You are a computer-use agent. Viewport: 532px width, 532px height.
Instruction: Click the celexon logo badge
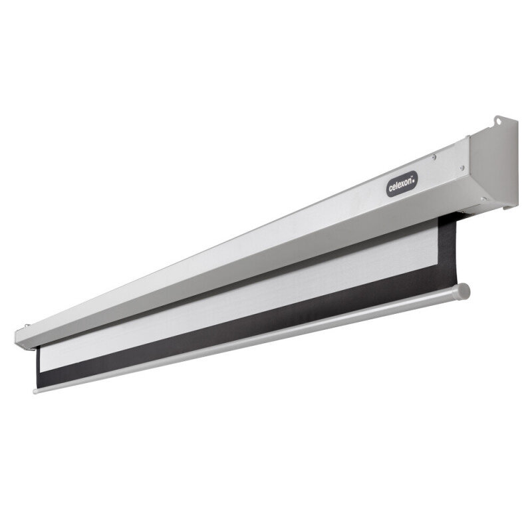(402, 184)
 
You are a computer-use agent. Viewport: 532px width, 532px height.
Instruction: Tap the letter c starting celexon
(391, 188)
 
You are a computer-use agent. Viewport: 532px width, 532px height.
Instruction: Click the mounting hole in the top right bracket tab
(498, 120)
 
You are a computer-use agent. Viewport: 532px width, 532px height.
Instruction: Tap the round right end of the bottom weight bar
(464, 291)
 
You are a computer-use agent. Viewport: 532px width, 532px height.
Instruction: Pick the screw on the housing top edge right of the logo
(434, 157)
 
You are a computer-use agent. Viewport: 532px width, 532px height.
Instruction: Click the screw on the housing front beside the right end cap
(462, 168)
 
